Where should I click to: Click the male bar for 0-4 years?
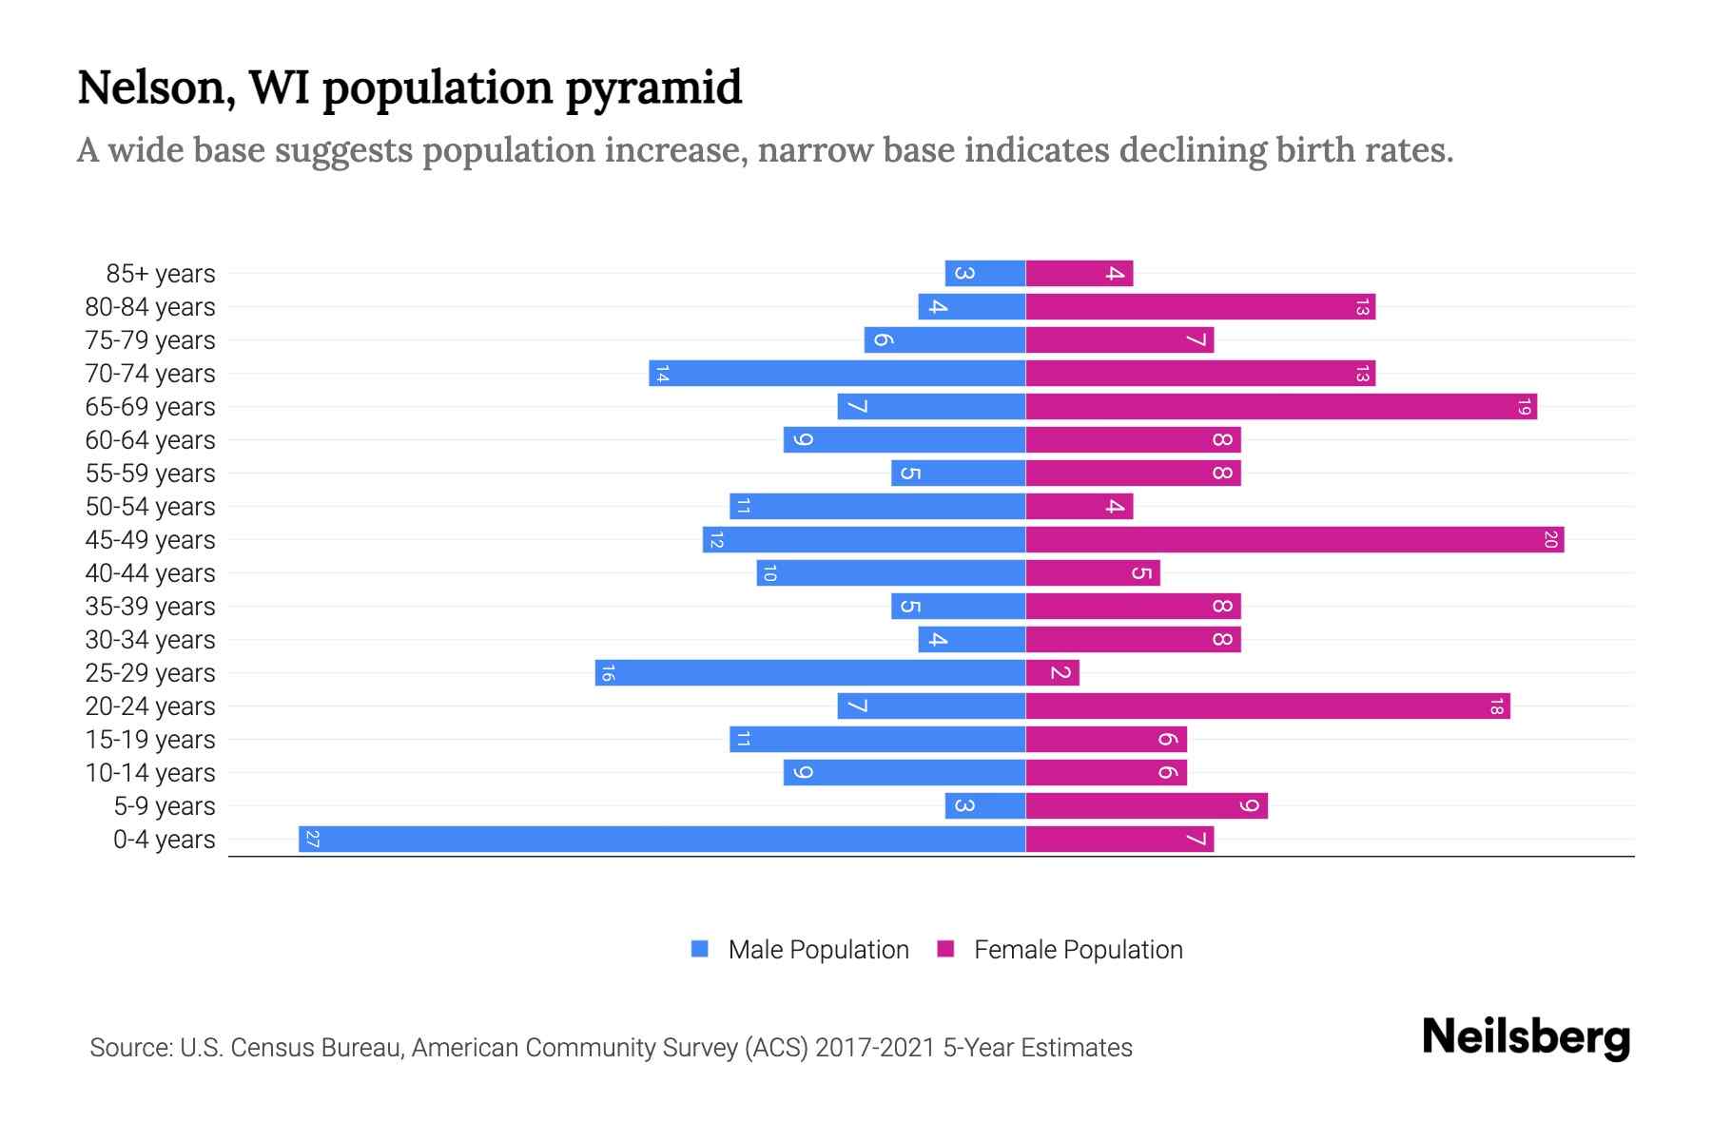pos(662,839)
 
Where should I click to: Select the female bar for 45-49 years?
pos(1294,539)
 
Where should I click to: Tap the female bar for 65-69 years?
pos(1280,406)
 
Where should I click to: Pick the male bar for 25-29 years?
pos(810,672)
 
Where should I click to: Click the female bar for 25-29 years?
pos(1052,672)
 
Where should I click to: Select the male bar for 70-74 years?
pos(837,373)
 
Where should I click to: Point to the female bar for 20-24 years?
pos(1267,706)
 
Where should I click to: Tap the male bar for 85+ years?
pos(985,273)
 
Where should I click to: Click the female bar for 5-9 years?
pos(1146,805)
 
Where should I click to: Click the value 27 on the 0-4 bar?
pos(312,839)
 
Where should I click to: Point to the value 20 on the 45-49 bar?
pos(1550,539)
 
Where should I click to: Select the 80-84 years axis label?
pos(150,307)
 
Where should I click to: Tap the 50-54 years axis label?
pos(150,507)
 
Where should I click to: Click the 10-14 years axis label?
pos(150,773)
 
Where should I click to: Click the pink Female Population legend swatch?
pos(945,948)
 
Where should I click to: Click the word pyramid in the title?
pos(653,88)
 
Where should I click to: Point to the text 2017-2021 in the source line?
pos(875,1047)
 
